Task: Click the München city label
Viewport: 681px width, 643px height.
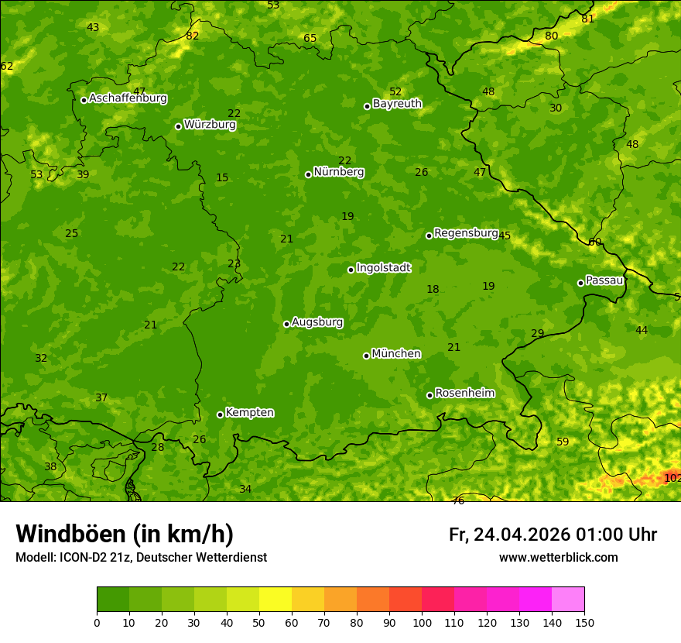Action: (x=396, y=354)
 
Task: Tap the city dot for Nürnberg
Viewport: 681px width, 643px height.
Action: (x=308, y=174)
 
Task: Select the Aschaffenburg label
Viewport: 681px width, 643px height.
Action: (x=128, y=98)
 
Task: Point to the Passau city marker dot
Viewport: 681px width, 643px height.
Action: (x=580, y=283)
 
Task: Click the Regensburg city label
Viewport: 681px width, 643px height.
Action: (x=466, y=233)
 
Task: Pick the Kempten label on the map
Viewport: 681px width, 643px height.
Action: (x=249, y=413)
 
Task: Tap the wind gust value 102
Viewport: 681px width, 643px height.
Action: (x=672, y=479)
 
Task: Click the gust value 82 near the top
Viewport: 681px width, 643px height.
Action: (x=193, y=36)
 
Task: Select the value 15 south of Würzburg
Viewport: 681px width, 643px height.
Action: (x=222, y=178)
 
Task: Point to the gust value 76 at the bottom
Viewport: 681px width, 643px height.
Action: (x=458, y=500)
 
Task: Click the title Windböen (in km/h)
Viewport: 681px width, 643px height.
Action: (x=125, y=534)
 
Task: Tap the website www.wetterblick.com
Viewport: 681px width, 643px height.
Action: (x=558, y=558)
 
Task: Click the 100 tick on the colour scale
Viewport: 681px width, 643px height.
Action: (x=422, y=622)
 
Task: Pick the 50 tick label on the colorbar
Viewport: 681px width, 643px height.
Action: (x=259, y=622)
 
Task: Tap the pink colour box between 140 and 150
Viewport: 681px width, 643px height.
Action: (x=568, y=600)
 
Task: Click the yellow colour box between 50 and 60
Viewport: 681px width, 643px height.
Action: (x=275, y=600)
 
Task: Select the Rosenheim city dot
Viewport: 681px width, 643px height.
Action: (x=429, y=395)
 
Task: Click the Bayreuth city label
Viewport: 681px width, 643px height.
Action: (x=397, y=104)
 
